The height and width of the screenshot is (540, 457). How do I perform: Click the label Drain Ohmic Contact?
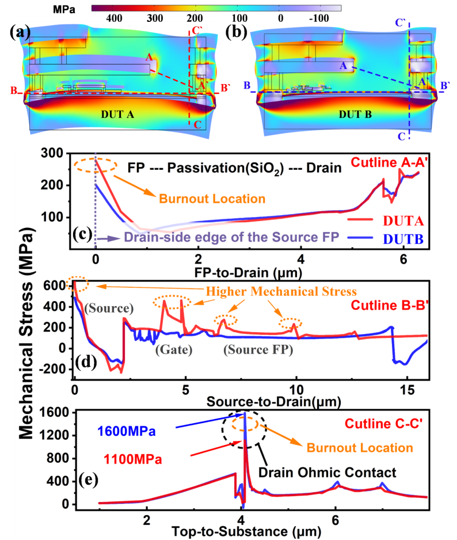pyautogui.click(x=327, y=473)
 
